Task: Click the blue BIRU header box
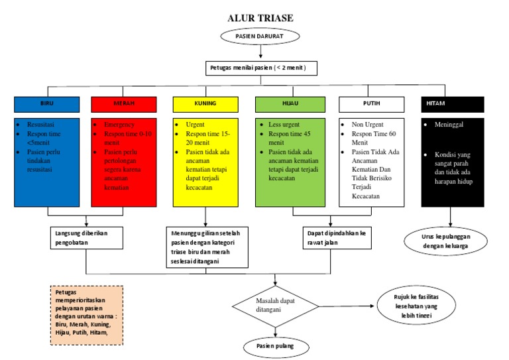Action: (x=47, y=104)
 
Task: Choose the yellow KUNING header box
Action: (x=205, y=104)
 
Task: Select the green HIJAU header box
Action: (x=290, y=104)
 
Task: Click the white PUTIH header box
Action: (x=372, y=104)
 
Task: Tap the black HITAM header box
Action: (x=454, y=104)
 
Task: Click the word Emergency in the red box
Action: (x=120, y=125)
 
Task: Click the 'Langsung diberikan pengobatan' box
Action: (x=87, y=238)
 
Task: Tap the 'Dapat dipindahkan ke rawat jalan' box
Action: (x=337, y=238)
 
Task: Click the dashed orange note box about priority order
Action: (x=86, y=315)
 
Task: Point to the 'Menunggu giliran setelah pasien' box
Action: (x=207, y=247)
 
